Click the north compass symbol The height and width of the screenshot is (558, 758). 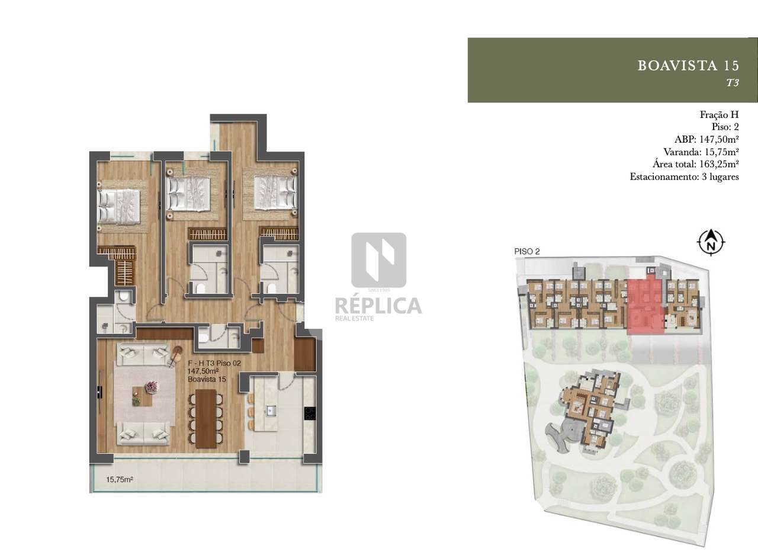coord(712,242)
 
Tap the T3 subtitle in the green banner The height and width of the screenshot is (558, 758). coord(733,84)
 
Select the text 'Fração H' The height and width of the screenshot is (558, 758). coord(719,114)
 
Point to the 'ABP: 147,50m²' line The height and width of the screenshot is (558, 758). coord(706,140)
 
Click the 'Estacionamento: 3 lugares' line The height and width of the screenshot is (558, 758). coord(684,177)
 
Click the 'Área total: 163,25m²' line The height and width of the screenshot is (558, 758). coord(695,164)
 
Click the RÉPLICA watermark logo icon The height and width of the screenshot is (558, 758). coord(378,260)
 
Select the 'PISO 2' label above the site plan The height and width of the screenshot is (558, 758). coord(527,251)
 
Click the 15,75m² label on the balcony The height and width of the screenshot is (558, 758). coord(118,480)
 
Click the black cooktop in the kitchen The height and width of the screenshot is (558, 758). coord(309,413)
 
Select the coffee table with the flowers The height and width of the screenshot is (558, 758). coord(143,394)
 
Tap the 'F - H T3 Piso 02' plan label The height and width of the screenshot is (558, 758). coord(214,363)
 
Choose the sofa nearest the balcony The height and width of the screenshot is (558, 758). coord(143,434)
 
